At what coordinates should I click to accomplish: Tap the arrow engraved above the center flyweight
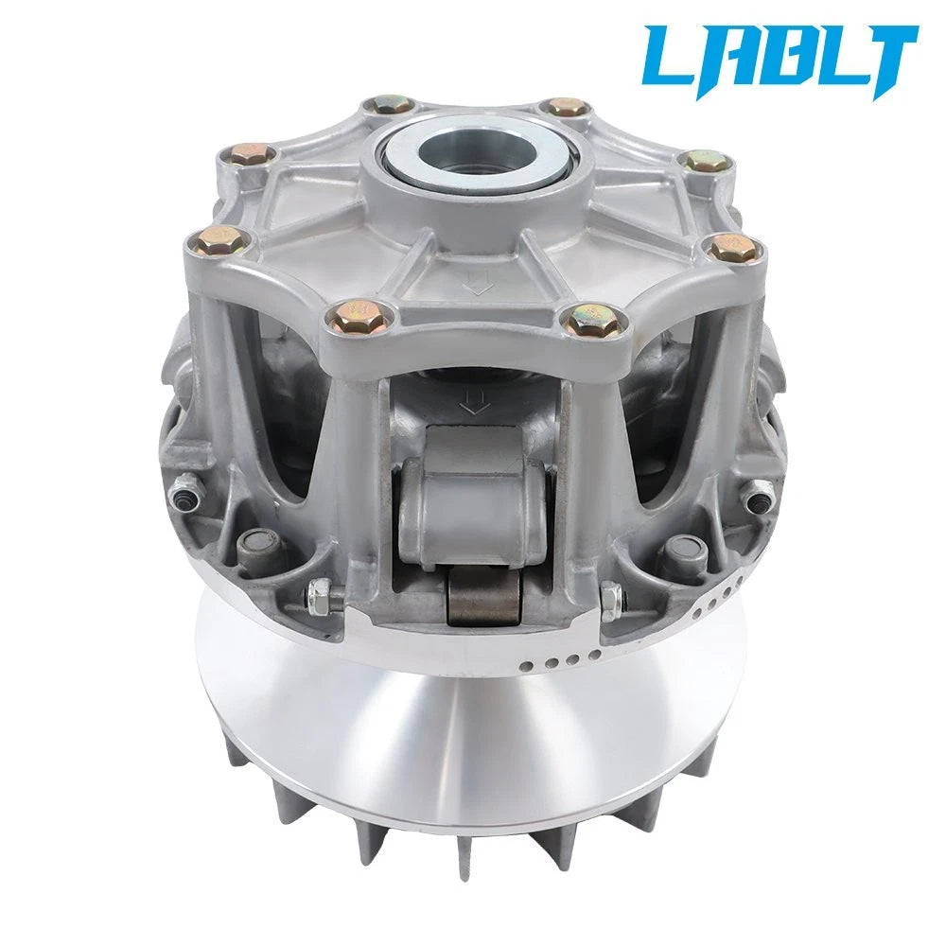pyautogui.click(x=474, y=403)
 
